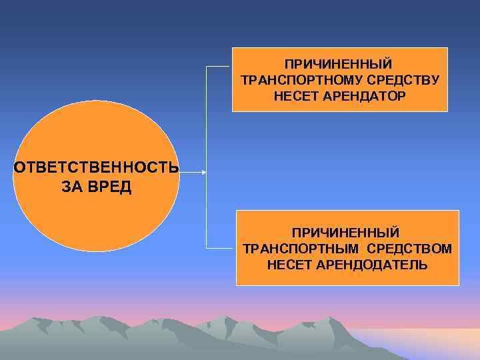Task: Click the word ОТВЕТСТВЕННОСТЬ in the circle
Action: [x=96, y=167]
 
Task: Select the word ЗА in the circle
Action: [x=71, y=187]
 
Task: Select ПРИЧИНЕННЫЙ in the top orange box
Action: [x=339, y=64]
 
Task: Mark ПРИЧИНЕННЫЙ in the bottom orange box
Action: [x=345, y=232]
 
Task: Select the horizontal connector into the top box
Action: [x=219, y=67]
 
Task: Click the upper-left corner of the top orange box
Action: [x=233, y=48]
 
